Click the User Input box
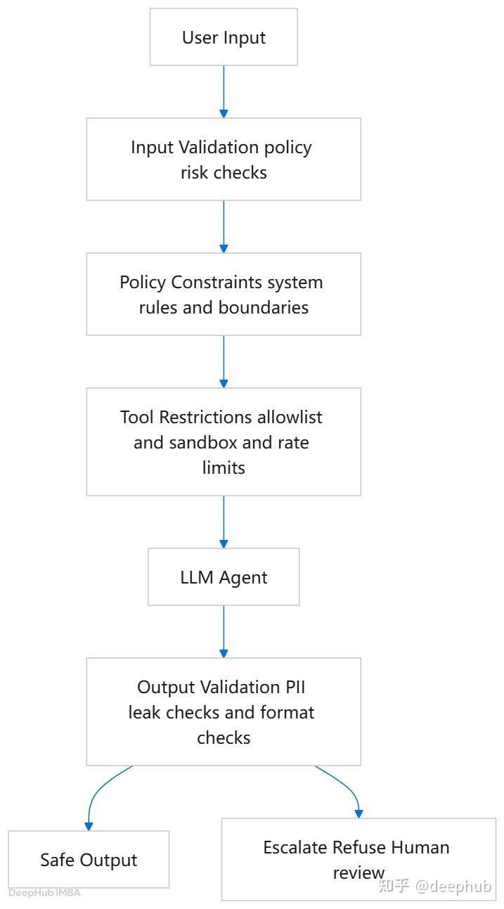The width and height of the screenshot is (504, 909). tap(224, 37)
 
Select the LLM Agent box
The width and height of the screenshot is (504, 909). tap(224, 576)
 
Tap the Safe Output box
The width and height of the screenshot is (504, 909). tap(89, 860)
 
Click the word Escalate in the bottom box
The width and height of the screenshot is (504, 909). tap(295, 847)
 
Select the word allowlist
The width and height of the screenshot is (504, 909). tap(290, 417)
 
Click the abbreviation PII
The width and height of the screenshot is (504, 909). tap(295, 687)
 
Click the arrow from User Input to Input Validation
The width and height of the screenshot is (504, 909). tap(224, 91)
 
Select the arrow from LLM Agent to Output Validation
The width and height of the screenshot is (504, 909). tap(224, 632)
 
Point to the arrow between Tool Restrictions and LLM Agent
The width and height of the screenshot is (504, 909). tap(224, 522)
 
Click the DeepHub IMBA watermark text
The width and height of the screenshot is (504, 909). tap(45, 893)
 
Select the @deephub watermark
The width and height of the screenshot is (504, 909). tap(453, 887)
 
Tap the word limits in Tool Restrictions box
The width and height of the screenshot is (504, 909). tap(224, 468)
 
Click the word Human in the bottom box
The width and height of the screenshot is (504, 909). tap(420, 847)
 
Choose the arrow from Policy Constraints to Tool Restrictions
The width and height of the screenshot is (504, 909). tap(224, 361)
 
